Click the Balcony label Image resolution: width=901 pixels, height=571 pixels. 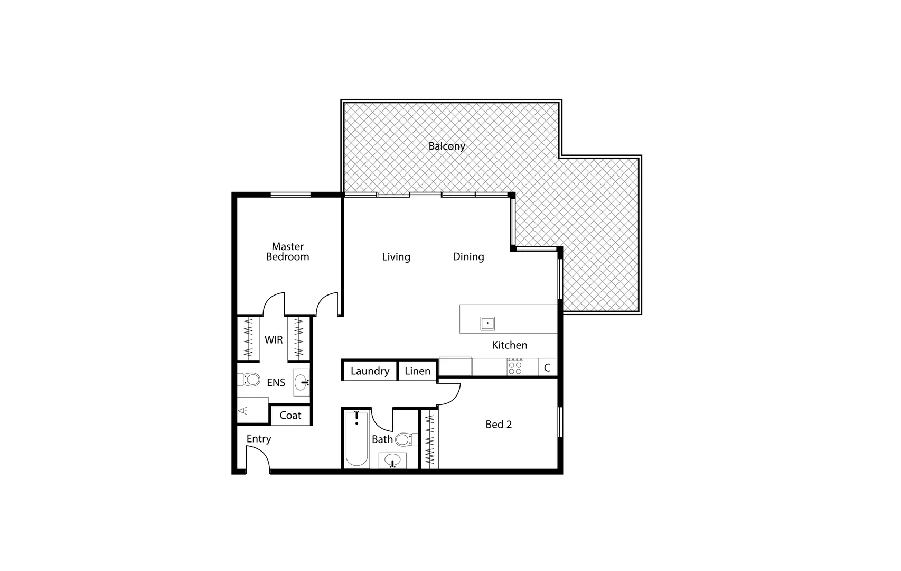tap(446, 146)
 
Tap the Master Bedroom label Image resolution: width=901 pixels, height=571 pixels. tap(287, 252)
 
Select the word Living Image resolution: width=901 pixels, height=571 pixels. tap(396, 257)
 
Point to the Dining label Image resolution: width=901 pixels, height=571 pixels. tap(468, 257)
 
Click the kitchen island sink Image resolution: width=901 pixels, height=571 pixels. tap(487, 323)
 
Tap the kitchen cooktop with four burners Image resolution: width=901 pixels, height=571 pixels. tap(515, 367)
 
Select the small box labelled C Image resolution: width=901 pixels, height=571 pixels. tap(547, 367)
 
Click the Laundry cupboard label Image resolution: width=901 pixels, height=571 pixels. tap(370, 371)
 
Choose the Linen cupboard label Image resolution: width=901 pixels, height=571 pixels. tap(417, 371)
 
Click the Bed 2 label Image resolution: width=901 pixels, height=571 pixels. tap(498, 425)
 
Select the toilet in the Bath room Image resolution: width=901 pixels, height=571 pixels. tap(405, 439)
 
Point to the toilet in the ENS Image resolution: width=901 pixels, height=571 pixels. tap(250, 379)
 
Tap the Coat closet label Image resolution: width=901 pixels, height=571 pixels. tap(290, 416)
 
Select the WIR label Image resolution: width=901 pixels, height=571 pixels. tap(273, 340)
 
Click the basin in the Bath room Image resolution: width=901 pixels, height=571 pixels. tap(392, 460)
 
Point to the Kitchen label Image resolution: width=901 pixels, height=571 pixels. tap(509, 345)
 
